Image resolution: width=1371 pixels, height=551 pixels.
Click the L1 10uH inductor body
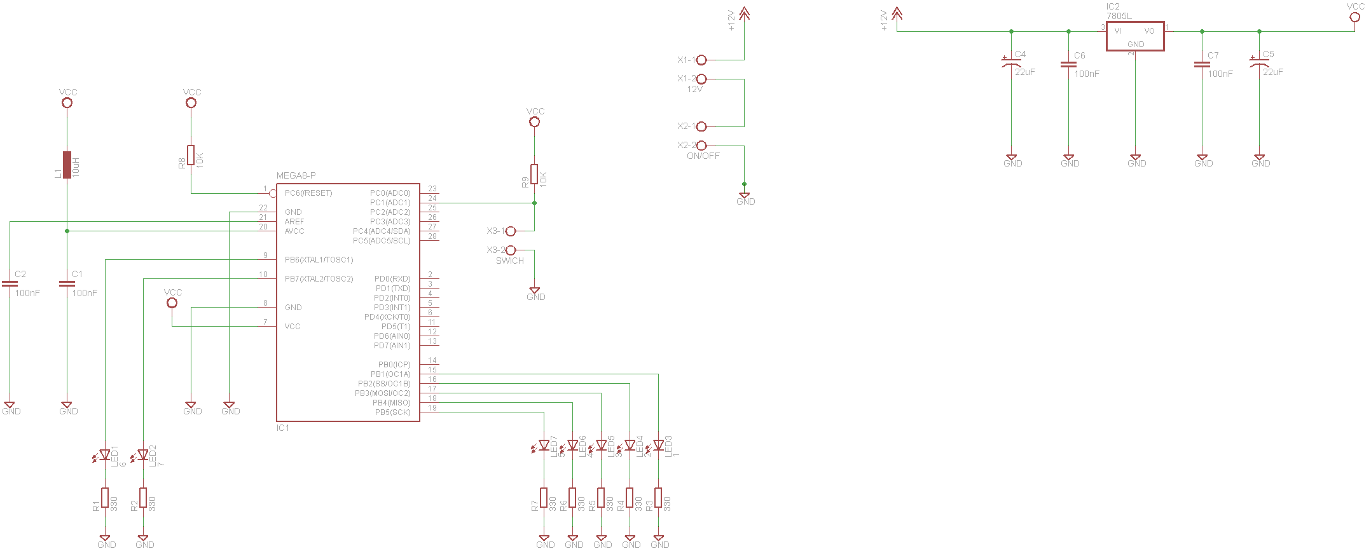[x=67, y=165]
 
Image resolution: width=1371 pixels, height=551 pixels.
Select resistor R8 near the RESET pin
[x=191, y=155]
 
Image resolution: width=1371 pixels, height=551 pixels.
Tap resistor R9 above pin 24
[x=534, y=174]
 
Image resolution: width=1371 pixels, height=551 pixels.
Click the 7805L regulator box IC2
[x=1135, y=36]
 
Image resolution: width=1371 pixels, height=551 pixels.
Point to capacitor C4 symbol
[x=1011, y=63]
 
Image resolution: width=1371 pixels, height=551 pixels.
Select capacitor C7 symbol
[x=1202, y=64]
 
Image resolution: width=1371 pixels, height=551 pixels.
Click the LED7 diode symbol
[x=544, y=446]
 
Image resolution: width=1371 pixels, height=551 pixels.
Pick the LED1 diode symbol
[x=105, y=455]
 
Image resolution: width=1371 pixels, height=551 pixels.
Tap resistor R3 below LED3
[x=658, y=498]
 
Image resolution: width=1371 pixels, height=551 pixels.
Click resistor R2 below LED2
[x=143, y=498]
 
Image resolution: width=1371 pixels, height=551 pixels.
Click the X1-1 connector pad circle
[x=701, y=60]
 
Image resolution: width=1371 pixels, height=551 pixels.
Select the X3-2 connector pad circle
[x=511, y=250]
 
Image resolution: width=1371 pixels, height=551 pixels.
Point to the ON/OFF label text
[x=703, y=156]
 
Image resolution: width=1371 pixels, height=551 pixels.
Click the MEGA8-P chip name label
[x=296, y=175]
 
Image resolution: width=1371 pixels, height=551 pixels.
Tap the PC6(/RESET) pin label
[x=308, y=193]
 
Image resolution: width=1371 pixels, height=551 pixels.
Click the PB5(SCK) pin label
[x=392, y=412]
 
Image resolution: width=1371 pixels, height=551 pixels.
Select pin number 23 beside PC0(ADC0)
[x=432, y=189]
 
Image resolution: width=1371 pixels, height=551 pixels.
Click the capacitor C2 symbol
[x=10, y=283]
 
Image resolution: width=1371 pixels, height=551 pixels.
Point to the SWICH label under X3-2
[x=510, y=261]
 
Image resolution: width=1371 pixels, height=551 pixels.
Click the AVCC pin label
[x=294, y=231]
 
